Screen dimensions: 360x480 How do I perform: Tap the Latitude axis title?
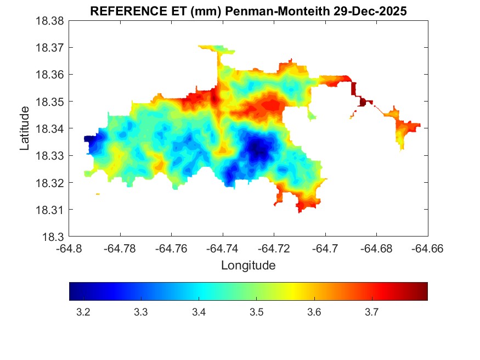point(25,129)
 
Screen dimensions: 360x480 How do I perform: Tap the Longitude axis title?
point(248,266)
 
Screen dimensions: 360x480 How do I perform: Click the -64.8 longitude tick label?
point(70,249)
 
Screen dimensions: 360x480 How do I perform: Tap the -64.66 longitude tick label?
point(428,249)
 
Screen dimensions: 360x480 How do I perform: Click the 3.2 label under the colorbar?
point(83,313)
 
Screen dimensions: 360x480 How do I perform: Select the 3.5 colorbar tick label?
point(256,313)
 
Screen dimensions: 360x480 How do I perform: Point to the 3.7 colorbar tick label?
point(371,313)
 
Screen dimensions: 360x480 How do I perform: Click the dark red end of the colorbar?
point(423,291)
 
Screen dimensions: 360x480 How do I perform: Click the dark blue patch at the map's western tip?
point(91,141)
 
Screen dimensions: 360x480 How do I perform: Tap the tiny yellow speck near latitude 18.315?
point(98,194)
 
